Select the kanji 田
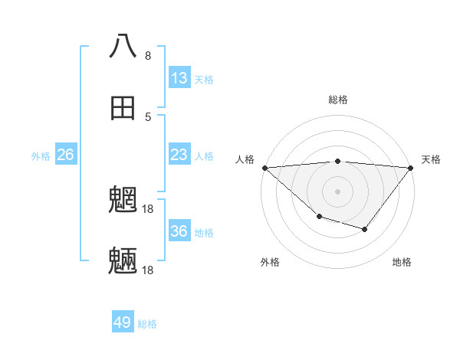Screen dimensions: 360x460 pos(123,108)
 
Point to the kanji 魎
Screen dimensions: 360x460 pos(123,261)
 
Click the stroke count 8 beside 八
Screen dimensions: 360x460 pos(148,56)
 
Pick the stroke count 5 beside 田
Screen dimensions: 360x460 pos(148,117)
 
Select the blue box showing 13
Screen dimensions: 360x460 pos(179,78)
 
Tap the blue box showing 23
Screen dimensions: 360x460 pos(179,155)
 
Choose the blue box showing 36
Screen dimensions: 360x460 pos(179,231)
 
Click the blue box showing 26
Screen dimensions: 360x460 pos(66,155)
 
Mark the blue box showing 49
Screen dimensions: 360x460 pos(123,322)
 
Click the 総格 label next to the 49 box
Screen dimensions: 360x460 pos(147,324)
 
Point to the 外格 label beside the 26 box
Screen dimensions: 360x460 pos(41,156)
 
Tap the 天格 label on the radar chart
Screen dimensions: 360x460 pos(431,159)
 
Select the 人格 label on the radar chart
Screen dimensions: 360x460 pos(245,159)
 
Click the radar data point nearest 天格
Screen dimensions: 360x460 pos(410,167)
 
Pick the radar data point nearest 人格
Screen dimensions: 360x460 pos(264,167)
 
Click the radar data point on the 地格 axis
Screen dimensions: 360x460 pos(365,229)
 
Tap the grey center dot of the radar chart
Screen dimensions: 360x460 pos(337,191)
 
